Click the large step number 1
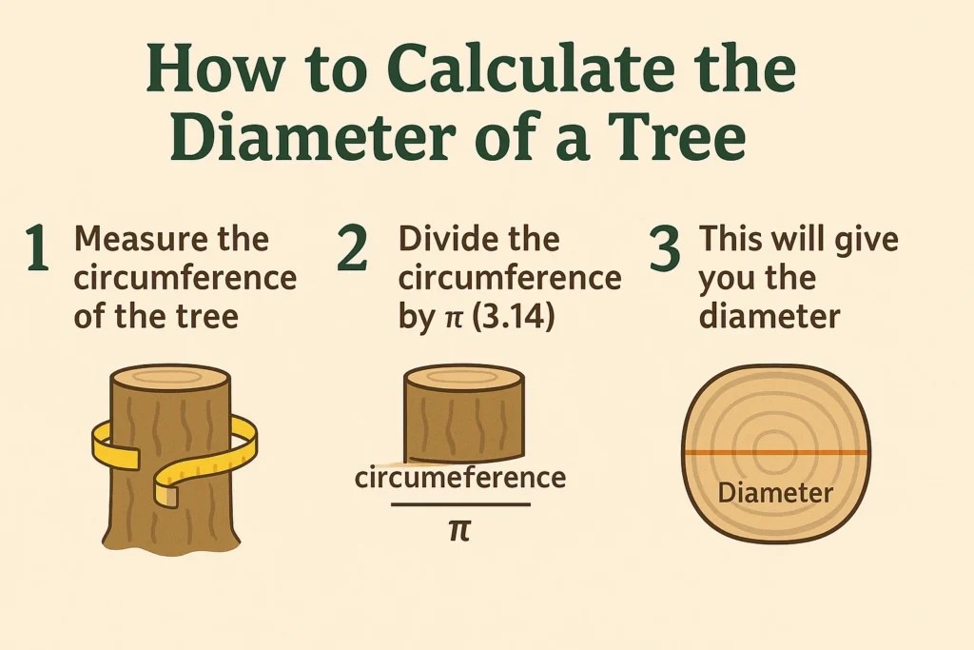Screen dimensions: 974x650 [38, 248]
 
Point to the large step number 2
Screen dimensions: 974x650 [352, 248]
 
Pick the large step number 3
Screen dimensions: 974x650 [665, 248]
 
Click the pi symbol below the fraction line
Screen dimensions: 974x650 [460, 530]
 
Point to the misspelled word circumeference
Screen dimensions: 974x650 [460, 478]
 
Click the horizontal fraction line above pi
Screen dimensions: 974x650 [460, 504]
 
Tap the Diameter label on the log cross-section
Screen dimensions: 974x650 [775, 493]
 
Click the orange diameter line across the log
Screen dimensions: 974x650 [776, 453]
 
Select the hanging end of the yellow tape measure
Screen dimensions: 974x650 [166, 493]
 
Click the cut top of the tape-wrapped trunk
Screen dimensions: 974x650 [171, 379]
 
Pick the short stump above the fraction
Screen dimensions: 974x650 [464, 414]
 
